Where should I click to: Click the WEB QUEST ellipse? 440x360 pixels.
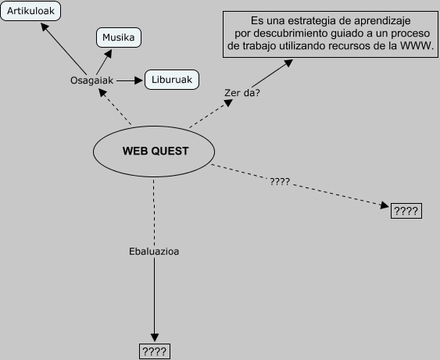155,151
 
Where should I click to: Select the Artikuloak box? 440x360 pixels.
31,12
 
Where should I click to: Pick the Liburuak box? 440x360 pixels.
172,79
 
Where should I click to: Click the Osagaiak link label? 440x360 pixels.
92,80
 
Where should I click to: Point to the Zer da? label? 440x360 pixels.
241,93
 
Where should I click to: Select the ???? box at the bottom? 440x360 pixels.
154,351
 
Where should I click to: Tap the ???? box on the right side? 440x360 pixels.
406,211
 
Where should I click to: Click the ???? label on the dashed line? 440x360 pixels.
280,181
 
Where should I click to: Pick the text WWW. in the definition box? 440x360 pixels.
419,46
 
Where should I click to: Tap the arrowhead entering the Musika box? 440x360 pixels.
109,51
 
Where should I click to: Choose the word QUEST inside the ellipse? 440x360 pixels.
170,151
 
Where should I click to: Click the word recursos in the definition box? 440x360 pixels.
357,46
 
